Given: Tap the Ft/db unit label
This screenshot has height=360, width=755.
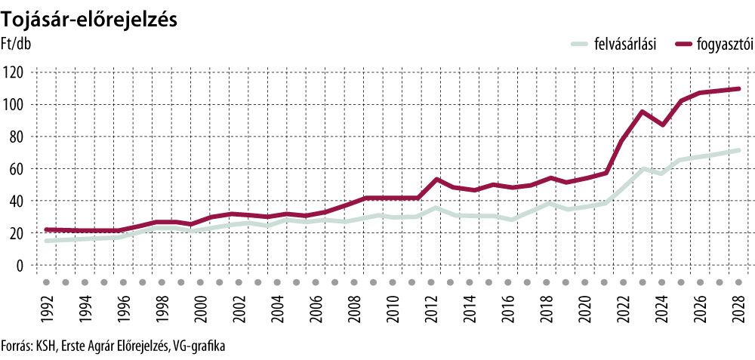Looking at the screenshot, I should point(18,43).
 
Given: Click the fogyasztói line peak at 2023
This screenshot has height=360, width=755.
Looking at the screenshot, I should point(643,112).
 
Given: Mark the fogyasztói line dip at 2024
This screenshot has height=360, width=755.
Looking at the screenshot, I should point(662,125).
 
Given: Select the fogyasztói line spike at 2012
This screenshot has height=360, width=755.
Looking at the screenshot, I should point(436,180).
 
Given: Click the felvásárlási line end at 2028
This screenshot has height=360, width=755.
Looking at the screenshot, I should point(738,150).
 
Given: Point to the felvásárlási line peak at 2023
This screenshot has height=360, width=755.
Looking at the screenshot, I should point(643,169).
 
